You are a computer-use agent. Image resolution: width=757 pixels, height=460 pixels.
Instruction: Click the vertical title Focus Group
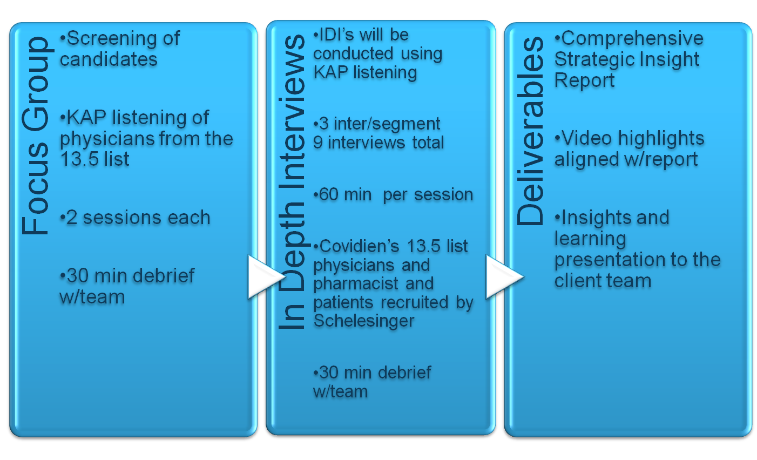(35, 136)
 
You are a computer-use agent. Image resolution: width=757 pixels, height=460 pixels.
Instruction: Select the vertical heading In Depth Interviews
(292, 181)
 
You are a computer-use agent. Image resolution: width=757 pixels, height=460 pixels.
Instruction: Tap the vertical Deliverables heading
(530, 131)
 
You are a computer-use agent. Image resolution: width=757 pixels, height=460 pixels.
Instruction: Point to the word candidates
(109, 59)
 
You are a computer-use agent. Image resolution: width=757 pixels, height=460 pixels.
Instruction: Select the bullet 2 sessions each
(135, 218)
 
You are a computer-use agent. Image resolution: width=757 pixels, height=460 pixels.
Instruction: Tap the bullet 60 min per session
(393, 194)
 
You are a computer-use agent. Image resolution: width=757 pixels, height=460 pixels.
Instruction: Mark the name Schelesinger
(364, 321)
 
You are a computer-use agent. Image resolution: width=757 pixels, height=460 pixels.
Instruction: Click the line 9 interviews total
(378, 143)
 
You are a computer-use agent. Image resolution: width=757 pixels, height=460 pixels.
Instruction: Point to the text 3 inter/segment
(377, 124)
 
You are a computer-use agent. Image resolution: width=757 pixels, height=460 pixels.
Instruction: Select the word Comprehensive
(632, 39)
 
